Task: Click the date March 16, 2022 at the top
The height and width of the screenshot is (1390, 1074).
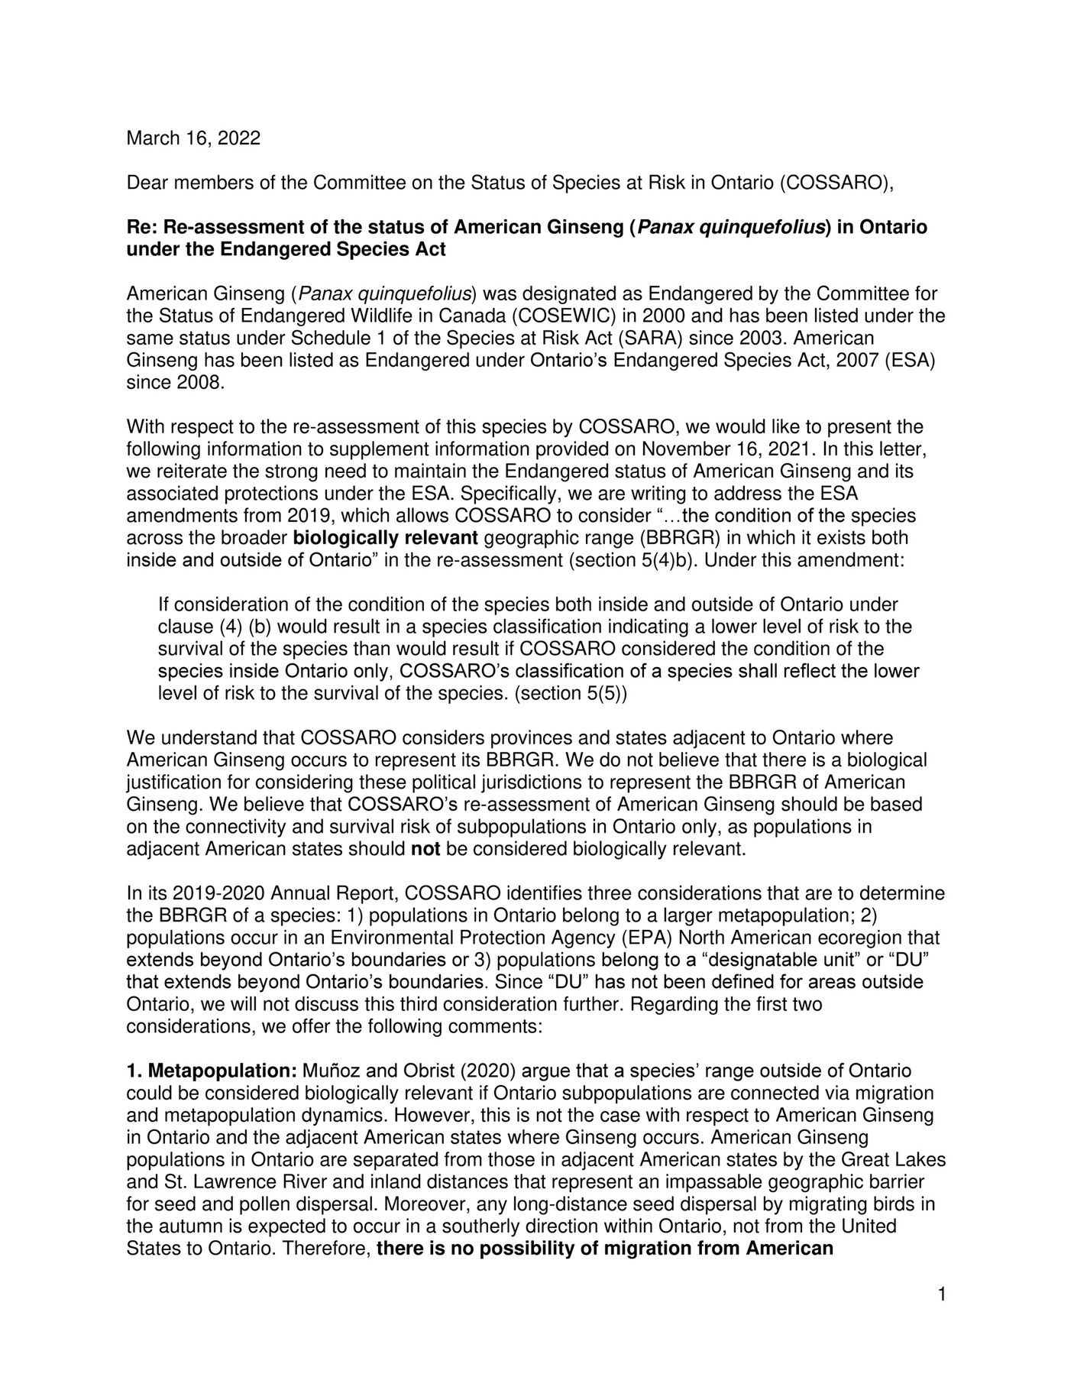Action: coord(192,138)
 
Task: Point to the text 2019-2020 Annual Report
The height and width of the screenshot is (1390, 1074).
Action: coord(285,893)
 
